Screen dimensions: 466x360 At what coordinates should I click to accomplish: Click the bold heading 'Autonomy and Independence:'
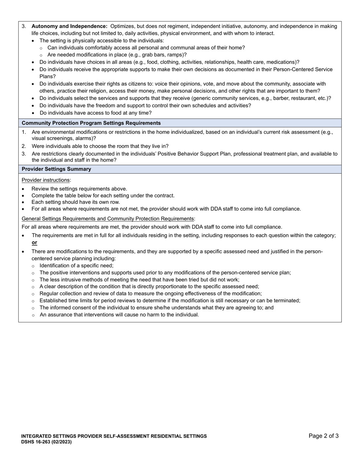coord(69,27)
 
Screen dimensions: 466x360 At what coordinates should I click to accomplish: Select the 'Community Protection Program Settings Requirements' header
coord(91,123)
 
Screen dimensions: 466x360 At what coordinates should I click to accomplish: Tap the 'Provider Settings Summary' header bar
coord(56,169)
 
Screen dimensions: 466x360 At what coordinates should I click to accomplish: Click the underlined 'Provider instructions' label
coord(46,180)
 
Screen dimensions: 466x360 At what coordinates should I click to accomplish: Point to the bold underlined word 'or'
coord(34,242)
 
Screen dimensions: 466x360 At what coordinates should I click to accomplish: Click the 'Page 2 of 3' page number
coord(323,436)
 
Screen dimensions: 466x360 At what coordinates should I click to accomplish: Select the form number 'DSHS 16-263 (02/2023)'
coord(46,442)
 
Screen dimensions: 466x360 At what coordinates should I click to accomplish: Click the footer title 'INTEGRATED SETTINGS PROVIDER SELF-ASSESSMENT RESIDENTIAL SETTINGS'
coord(114,436)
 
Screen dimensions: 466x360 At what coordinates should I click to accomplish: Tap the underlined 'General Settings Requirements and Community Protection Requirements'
coord(108,219)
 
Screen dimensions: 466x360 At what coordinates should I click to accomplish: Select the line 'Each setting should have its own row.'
coord(75,202)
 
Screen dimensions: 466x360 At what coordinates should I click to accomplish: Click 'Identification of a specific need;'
coord(76,266)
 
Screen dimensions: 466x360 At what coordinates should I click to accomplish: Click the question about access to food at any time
coord(95,113)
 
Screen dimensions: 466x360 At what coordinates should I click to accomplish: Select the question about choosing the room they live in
coord(100,146)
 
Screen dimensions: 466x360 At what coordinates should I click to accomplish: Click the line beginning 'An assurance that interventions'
coord(119,315)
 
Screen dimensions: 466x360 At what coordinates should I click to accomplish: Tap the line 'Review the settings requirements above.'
coord(79,189)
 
